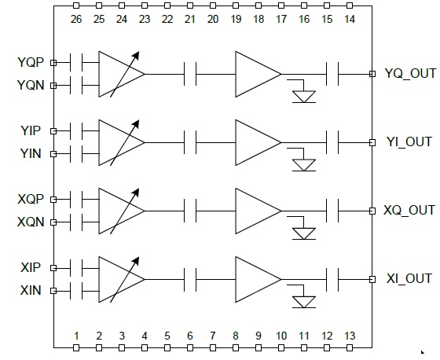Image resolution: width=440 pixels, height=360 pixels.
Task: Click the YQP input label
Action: tap(31, 62)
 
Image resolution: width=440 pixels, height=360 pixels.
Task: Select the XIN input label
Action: tap(31, 290)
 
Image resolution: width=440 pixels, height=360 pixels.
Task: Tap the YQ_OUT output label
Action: tap(410, 73)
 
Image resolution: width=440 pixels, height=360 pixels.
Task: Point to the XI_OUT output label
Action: tap(409, 279)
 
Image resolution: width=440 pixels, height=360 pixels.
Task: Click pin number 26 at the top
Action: tap(76, 19)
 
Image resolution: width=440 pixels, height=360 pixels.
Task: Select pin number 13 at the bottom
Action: tap(350, 336)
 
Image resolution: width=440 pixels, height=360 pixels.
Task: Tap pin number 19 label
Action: tap(236, 19)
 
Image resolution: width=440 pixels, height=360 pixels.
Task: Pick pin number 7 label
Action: tap(213, 336)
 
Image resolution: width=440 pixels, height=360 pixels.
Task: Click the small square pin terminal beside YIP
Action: tap(53, 131)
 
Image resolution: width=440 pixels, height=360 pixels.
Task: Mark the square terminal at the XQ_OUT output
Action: tap(372, 211)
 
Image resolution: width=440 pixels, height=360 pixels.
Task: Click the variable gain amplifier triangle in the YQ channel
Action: tap(122, 74)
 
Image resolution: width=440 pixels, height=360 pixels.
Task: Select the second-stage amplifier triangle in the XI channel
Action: tap(258, 279)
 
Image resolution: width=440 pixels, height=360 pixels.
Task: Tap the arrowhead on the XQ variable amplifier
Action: tap(136, 192)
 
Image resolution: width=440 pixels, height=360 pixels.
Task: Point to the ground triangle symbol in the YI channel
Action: tap(304, 165)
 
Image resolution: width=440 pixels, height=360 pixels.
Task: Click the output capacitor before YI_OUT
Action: tap(332, 142)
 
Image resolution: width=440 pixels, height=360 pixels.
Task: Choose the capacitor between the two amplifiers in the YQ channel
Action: tap(190, 74)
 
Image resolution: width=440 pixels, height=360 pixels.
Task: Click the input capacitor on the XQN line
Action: tap(76, 222)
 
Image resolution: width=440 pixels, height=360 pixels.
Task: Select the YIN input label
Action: tap(31, 153)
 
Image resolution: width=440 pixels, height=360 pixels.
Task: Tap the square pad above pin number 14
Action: tap(350, 6)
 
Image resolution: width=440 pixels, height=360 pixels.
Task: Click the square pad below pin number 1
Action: tap(76, 348)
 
